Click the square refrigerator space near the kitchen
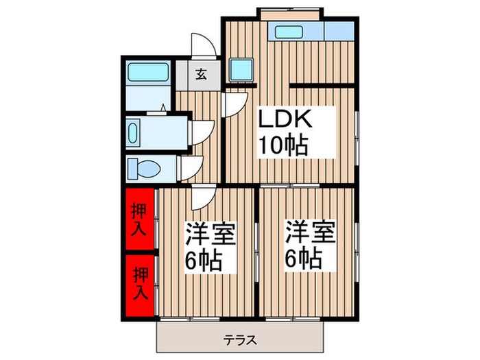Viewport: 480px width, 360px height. click(241, 69)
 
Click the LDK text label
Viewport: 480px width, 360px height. click(285, 121)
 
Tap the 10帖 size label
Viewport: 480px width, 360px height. click(283, 145)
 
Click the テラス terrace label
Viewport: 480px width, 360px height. click(241, 338)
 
